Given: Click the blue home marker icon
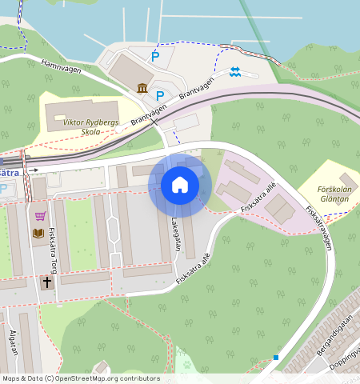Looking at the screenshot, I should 180,185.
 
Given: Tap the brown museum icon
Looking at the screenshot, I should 142,87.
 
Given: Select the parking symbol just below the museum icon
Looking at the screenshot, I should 160,95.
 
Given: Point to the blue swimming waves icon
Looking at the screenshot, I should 234,72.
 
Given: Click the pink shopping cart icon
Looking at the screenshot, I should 40,216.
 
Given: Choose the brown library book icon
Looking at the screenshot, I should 38,233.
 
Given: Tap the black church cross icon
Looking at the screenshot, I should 46,282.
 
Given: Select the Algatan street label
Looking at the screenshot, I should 12,341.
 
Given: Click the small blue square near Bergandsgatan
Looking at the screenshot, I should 275,357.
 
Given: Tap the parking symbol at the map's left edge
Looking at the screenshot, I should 3,188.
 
